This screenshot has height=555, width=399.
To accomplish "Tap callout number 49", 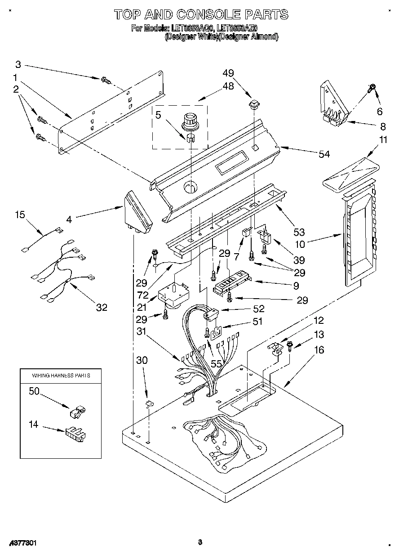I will click(228, 73).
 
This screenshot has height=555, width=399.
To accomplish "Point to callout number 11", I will click(382, 140).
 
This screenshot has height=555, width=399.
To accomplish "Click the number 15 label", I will click(20, 215).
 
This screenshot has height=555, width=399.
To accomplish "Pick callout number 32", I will click(102, 307).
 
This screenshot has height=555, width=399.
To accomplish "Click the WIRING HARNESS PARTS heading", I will click(60, 375).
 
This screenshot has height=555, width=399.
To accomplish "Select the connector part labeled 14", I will click(75, 434).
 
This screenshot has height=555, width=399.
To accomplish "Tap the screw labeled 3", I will click(106, 81).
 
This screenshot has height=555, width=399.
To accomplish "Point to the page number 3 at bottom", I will click(200, 542).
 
